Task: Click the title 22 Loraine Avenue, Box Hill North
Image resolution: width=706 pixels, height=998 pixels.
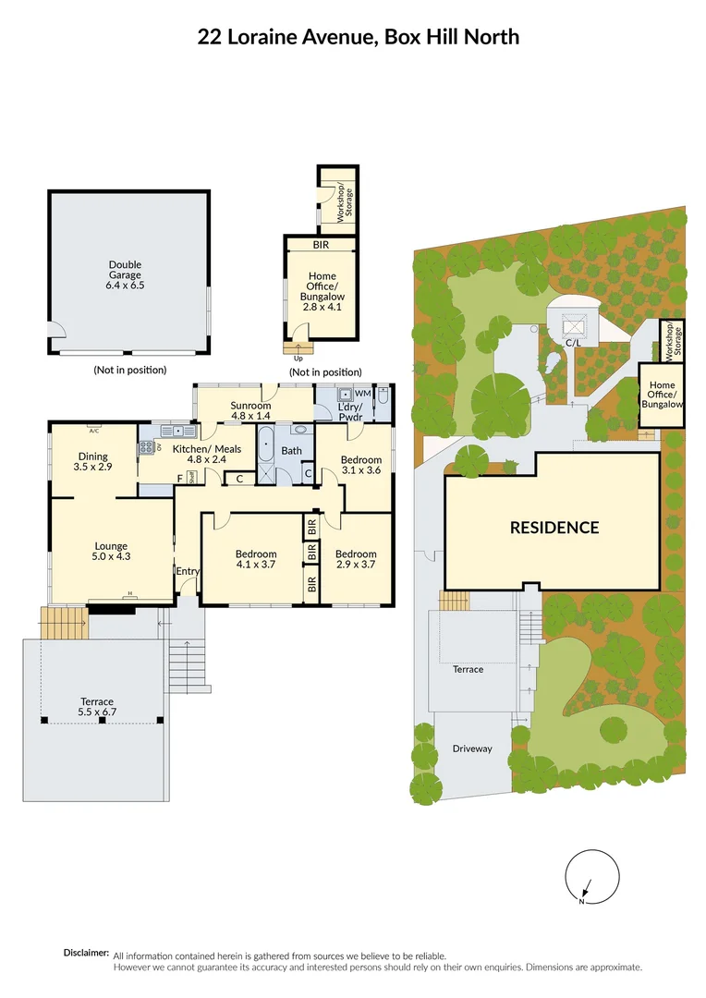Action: click(x=359, y=37)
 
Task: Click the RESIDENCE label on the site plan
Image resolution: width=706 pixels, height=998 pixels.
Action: click(x=554, y=528)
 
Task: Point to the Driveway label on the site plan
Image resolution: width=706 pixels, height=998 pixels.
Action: click(x=472, y=748)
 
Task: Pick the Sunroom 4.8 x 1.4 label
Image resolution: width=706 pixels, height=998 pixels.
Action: click(x=250, y=410)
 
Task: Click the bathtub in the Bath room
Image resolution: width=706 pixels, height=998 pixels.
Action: click(x=266, y=456)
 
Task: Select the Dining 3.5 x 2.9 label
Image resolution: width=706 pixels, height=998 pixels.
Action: click(x=92, y=461)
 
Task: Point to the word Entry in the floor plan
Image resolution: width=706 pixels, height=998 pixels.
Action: click(x=188, y=571)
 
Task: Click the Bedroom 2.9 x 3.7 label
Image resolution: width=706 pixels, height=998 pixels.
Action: click(x=356, y=559)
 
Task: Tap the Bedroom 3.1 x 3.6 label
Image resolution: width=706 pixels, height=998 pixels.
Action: click(x=360, y=465)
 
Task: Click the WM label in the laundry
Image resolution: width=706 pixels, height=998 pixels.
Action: click(x=361, y=394)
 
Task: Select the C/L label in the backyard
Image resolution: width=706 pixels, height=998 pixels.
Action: click(x=572, y=343)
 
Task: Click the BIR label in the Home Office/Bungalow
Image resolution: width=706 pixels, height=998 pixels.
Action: click(x=320, y=244)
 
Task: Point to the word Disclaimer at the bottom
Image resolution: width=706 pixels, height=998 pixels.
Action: click(x=86, y=953)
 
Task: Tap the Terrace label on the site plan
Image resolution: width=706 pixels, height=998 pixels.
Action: click(x=468, y=669)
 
